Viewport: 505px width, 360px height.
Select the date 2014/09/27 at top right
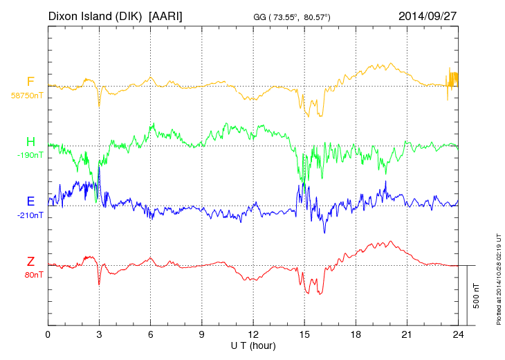[428, 15]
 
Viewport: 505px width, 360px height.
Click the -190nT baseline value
[30, 155]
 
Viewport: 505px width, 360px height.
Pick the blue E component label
[30, 201]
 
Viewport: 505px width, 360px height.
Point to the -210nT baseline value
[30, 215]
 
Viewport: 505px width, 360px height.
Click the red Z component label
[30, 261]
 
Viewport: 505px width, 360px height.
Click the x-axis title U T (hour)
[253, 345]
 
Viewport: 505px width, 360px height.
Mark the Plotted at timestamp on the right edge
[499, 277]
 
